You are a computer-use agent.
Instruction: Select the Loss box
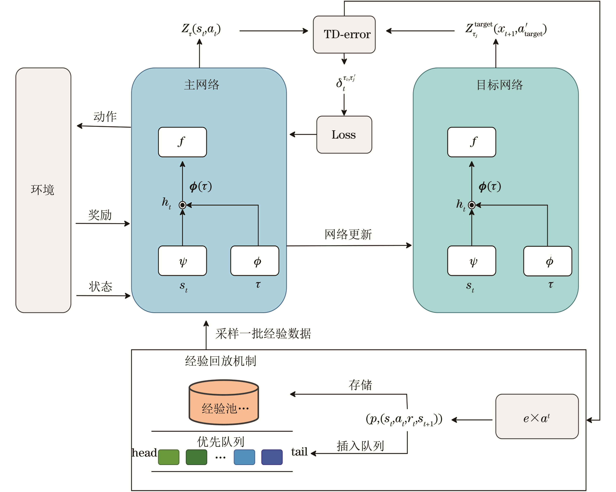pyautogui.click(x=344, y=134)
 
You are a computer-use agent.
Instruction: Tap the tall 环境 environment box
pyautogui.click(x=43, y=190)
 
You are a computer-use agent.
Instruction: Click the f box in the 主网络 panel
pyautogui.click(x=182, y=142)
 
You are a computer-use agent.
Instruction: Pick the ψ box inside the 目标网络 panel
pyautogui.click(x=471, y=261)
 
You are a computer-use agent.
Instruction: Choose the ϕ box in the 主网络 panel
pyautogui.click(x=255, y=261)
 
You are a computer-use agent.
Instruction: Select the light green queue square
pyautogui.click(x=169, y=457)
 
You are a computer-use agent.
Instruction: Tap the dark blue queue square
pyautogui.click(x=272, y=457)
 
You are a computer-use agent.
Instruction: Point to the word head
pyautogui.click(x=144, y=453)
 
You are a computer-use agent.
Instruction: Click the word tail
pyautogui.click(x=299, y=452)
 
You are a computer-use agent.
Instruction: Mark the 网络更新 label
pyautogui.click(x=348, y=234)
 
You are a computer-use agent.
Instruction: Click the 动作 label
pyautogui.click(x=105, y=117)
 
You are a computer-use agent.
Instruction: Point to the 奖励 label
pyautogui.click(x=100, y=215)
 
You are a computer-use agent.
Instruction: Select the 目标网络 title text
pyautogui.click(x=499, y=85)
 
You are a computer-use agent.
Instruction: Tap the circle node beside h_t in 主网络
pyautogui.click(x=182, y=205)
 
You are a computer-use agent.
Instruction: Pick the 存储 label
pyautogui.click(x=360, y=385)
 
